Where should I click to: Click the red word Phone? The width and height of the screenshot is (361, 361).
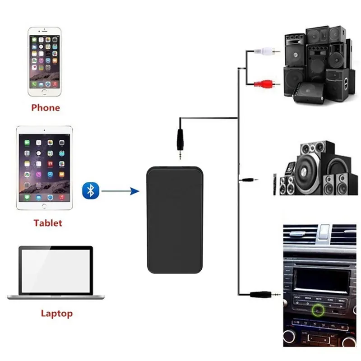[x=46, y=108]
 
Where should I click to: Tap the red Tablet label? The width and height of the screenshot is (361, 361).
[x=48, y=223]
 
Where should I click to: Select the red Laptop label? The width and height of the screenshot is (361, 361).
[x=57, y=314]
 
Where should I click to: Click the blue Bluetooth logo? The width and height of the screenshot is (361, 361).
[x=91, y=190]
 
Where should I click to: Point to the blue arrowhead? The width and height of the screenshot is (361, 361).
[x=134, y=191]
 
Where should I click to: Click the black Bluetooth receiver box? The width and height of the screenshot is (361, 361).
[x=175, y=220]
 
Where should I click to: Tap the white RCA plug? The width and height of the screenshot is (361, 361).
[x=267, y=51]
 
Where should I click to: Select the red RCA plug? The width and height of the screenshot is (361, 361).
[x=267, y=84]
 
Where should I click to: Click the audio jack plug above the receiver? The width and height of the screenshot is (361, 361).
[x=180, y=143]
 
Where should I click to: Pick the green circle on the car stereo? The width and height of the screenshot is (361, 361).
[x=318, y=310]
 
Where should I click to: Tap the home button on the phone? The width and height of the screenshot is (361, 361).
[x=44, y=92]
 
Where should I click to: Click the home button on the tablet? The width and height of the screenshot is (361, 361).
[x=44, y=206]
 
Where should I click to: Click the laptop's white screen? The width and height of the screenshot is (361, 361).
[x=56, y=271]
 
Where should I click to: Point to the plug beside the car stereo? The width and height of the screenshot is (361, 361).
[x=265, y=294]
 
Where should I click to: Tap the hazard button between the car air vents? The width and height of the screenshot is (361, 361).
[x=323, y=232]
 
